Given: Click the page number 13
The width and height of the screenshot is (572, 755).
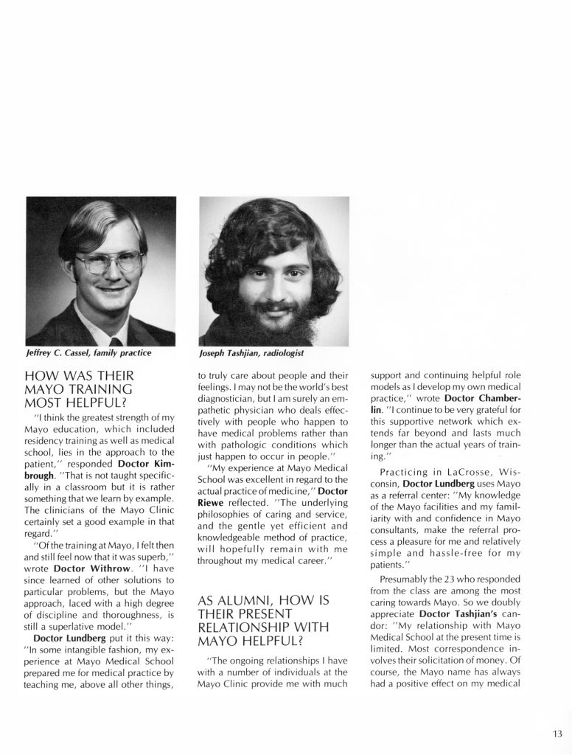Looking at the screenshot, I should [556, 733].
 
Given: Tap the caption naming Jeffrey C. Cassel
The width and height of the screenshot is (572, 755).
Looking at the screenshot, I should [88, 353].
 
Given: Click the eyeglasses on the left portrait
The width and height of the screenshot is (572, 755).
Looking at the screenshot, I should [108, 262].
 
